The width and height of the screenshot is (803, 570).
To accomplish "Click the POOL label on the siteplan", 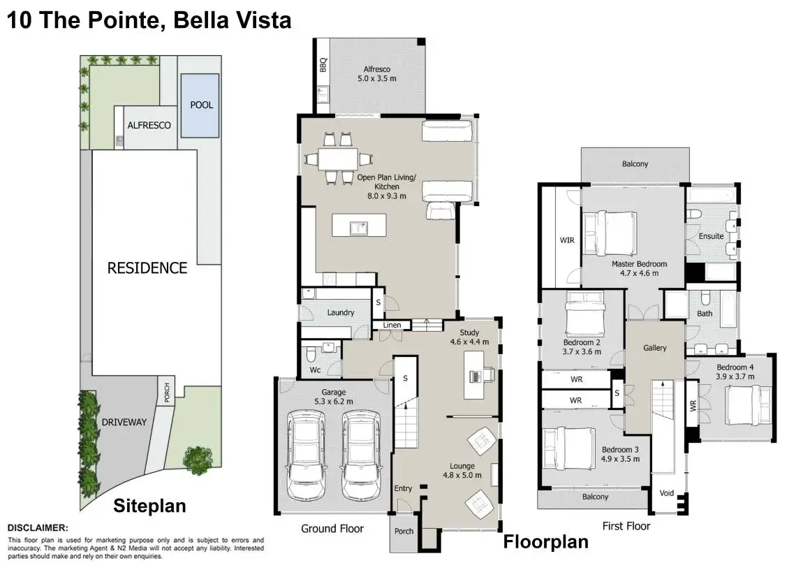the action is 201,105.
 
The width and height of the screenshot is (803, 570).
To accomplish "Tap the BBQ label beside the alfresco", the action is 323,65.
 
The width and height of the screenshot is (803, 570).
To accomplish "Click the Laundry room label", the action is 341,312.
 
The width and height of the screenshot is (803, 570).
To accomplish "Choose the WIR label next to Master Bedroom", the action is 567,240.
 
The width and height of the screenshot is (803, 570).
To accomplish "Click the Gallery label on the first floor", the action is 655,348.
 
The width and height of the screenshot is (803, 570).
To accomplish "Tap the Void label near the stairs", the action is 667,493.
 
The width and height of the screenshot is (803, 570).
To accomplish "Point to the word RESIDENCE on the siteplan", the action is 147,268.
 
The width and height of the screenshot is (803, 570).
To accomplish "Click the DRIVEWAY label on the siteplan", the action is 124,422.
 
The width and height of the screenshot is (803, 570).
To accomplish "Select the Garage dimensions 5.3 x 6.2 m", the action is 334,402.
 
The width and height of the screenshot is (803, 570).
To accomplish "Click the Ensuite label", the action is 712,236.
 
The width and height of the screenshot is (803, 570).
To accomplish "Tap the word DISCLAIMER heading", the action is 38,528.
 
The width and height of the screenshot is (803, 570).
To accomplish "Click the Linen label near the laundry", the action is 392,325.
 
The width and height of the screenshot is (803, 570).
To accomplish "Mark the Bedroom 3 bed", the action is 567,447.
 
